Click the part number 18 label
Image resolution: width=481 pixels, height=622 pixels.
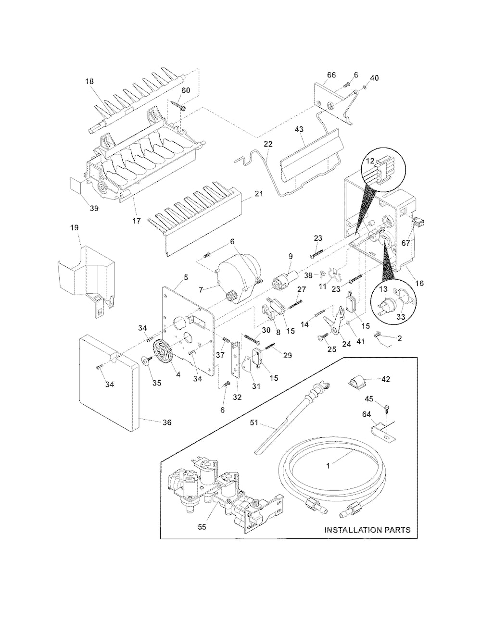pyautogui.click(x=89, y=82)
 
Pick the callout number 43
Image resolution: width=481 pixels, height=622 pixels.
pyautogui.click(x=299, y=129)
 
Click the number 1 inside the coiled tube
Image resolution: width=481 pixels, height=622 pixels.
pyautogui.click(x=329, y=466)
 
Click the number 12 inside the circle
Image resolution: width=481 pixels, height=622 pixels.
pyautogui.click(x=370, y=161)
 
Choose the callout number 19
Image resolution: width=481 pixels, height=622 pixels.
pyautogui.click(x=75, y=228)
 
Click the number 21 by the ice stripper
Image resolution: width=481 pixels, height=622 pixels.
pyautogui.click(x=259, y=194)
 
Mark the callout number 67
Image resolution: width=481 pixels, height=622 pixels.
pyautogui.click(x=405, y=243)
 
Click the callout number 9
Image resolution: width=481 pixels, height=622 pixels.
pyautogui.click(x=291, y=256)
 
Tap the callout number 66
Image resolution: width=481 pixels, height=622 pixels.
pyautogui.click(x=331, y=75)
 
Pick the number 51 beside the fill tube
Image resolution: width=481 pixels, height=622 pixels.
pyautogui.click(x=254, y=423)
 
